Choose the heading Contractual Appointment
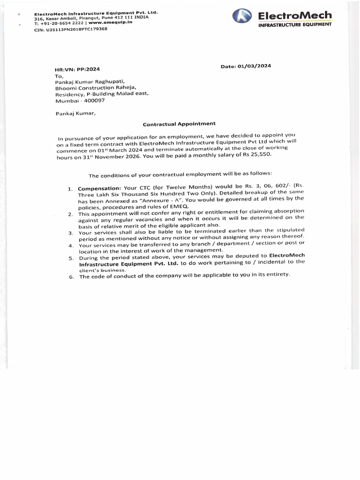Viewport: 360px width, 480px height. (x=179, y=124)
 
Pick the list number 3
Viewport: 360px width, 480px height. (x=70, y=233)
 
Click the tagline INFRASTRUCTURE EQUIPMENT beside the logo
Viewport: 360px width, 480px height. (x=295, y=24)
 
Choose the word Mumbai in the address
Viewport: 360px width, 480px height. (x=65, y=100)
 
